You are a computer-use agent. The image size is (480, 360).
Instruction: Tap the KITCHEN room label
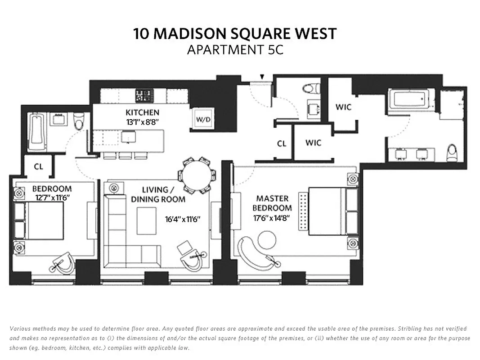[x=142, y=112]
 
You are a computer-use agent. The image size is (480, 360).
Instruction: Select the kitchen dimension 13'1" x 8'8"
[x=142, y=121]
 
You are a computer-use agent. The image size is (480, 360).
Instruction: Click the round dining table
[x=196, y=175]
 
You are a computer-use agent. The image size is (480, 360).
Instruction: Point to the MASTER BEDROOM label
[x=272, y=203]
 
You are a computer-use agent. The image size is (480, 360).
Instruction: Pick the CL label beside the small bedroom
[x=39, y=166]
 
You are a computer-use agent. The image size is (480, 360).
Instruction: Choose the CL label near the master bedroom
[x=282, y=144]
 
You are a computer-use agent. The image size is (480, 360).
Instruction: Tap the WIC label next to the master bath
[x=343, y=107]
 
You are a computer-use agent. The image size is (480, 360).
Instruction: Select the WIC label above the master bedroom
[x=313, y=143]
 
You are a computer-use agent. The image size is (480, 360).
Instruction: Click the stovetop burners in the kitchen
[x=145, y=95]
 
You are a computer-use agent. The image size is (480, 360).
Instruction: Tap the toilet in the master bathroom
[x=452, y=153]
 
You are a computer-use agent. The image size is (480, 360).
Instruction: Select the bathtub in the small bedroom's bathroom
[x=36, y=131]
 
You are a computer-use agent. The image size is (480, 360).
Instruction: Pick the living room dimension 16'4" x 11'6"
[x=182, y=220]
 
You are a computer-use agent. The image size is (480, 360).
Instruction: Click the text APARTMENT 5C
[x=235, y=49]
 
